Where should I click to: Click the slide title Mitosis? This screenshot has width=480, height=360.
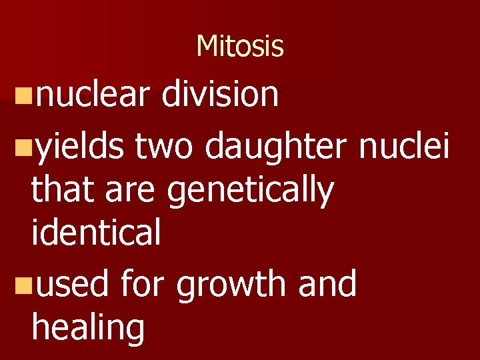point(240,47)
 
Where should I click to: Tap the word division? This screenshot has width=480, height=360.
point(220,94)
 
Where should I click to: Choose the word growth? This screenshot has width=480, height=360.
point(233,285)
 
